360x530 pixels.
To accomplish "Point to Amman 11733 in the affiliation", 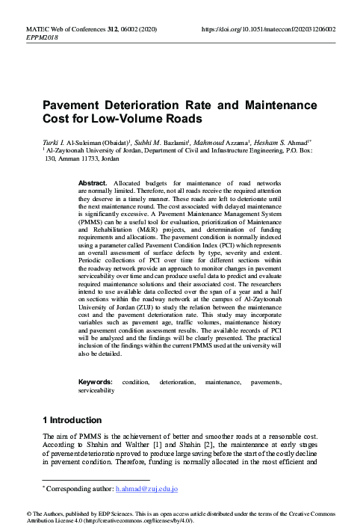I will pyautogui.click(x=77, y=158).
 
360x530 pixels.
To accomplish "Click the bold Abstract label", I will pyautogui.click(x=93, y=182).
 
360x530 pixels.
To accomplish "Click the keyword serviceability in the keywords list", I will pyautogui.click(x=96, y=389).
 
